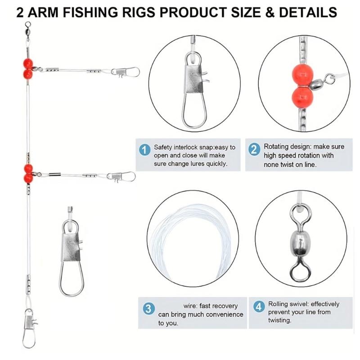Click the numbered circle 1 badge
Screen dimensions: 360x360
tap(144, 149)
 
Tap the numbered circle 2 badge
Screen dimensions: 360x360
tap(254, 149)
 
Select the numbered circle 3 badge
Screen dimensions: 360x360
tap(148, 308)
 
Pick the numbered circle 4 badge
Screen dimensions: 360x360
tap(258, 307)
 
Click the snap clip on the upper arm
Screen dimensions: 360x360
tap(126, 72)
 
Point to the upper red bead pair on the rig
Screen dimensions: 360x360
tap(28, 67)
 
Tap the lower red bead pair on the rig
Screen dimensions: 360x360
tap(28, 172)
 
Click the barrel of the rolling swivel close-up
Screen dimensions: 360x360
tap(298, 241)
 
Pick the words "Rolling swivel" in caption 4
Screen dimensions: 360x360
tap(288, 304)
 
